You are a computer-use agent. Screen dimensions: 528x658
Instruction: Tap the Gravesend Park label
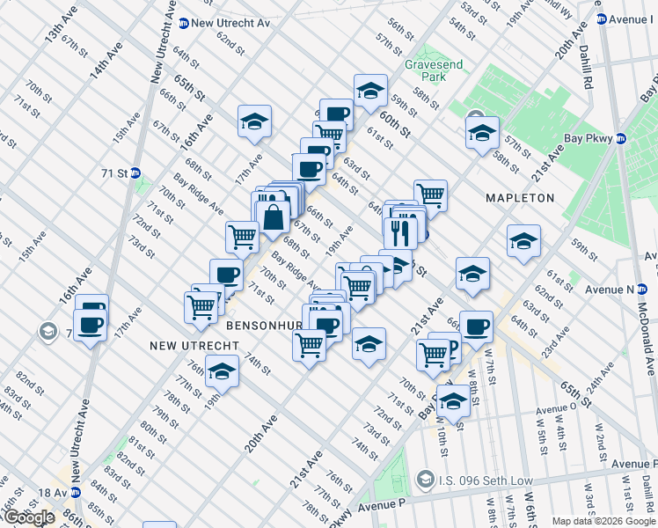pos(427,70)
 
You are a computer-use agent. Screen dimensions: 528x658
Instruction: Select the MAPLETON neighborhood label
pos(520,198)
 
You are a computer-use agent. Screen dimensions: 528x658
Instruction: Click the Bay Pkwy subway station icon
pos(620,139)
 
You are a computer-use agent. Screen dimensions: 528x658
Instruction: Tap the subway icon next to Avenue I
pos(601,18)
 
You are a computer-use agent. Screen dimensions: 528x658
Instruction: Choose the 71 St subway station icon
pos(135,173)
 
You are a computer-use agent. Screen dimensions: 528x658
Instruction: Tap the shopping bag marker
pos(274,215)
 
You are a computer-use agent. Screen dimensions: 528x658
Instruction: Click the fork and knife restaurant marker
pos(398,231)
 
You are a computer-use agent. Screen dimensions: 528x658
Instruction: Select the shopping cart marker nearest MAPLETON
pos(430,195)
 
